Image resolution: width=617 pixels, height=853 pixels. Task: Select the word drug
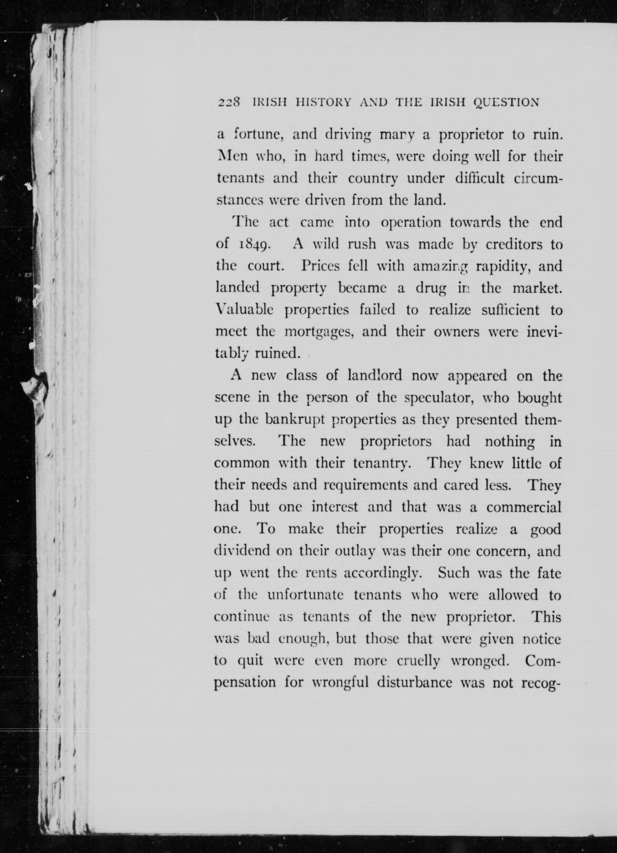tap(431, 289)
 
